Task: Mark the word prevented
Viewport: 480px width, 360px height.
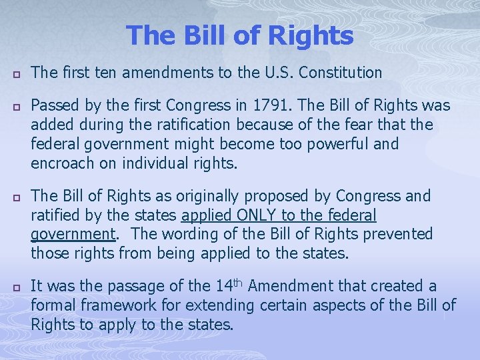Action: point(400,234)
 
